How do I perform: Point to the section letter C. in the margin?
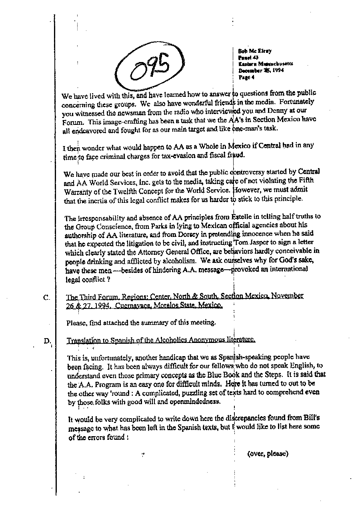tap(46, 297)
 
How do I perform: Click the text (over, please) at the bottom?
tap(268, 453)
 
